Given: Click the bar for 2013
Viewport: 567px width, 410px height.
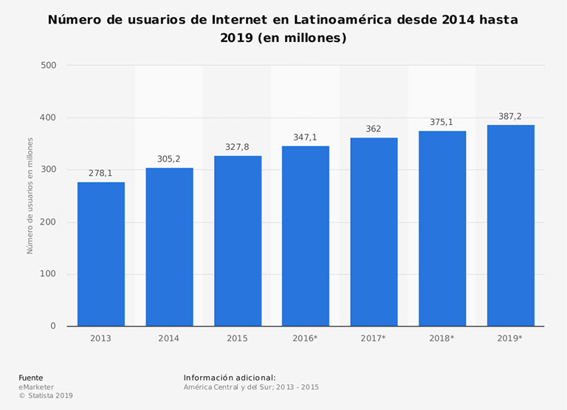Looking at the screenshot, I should click(x=101, y=254).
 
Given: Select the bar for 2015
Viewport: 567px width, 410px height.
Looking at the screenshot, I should click(x=238, y=241).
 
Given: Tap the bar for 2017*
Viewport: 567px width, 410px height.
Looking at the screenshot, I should click(x=374, y=232).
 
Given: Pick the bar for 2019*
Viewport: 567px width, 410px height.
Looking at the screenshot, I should click(x=510, y=225).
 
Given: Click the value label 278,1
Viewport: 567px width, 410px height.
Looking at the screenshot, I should click(x=101, y=173).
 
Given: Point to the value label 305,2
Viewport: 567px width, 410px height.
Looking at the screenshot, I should click(x=169, y=159).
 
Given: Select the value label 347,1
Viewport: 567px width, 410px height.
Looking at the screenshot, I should click(x=306, y=137).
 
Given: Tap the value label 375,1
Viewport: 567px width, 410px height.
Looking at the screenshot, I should click(x=441, y=123).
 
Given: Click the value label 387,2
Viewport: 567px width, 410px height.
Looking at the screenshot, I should click(x=510, y=117).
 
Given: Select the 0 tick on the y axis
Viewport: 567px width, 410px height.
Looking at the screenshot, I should click(x=52, y=326).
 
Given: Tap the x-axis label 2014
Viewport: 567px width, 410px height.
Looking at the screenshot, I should click(x=169, y=338).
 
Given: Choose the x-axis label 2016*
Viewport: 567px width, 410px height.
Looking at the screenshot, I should click(x=306, y=338).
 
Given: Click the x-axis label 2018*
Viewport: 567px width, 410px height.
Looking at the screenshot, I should click(x=441, y=338).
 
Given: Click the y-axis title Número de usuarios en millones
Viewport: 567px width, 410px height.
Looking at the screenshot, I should click(x=30, y=196).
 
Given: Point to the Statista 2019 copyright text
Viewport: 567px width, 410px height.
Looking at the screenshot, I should click(x=46, y=396).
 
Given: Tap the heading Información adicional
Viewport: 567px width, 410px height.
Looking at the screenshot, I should click(x=229, y=377).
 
